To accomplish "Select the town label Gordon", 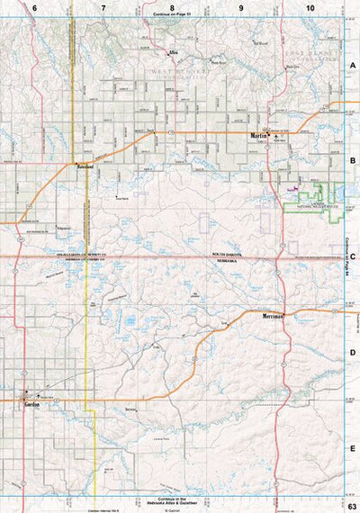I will pos(30,405).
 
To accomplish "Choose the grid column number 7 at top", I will pos(103,7).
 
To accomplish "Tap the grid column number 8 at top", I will pos(173,7).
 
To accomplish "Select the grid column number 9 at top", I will pos(241,7).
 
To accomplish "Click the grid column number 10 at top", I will pos(310,7).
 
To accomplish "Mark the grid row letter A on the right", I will pos(354,65).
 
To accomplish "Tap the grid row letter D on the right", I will pos(354,352).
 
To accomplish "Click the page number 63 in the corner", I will pos(352,505).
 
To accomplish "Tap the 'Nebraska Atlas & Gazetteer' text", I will pos(174,503).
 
